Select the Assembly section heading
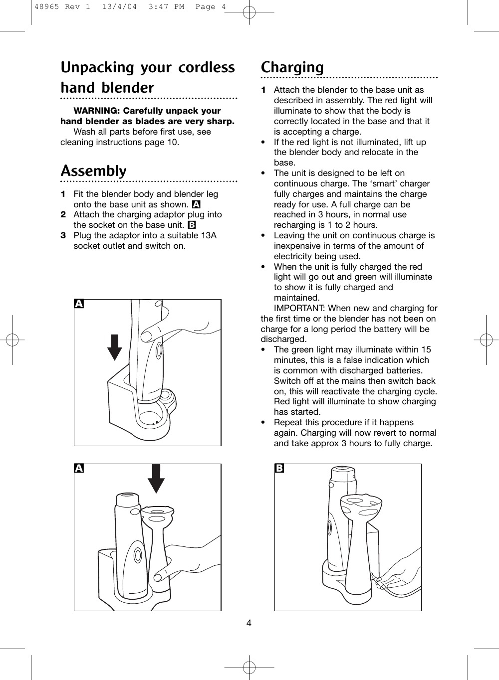[x=94, y=171]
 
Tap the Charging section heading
[x=292, y=67]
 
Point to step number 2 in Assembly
[x=63, y=214]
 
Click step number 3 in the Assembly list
[x=63, y=235]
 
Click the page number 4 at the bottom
[x=249, y=623]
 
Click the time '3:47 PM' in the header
[x=151, y=7]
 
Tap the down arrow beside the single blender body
[x=115, y=346]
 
